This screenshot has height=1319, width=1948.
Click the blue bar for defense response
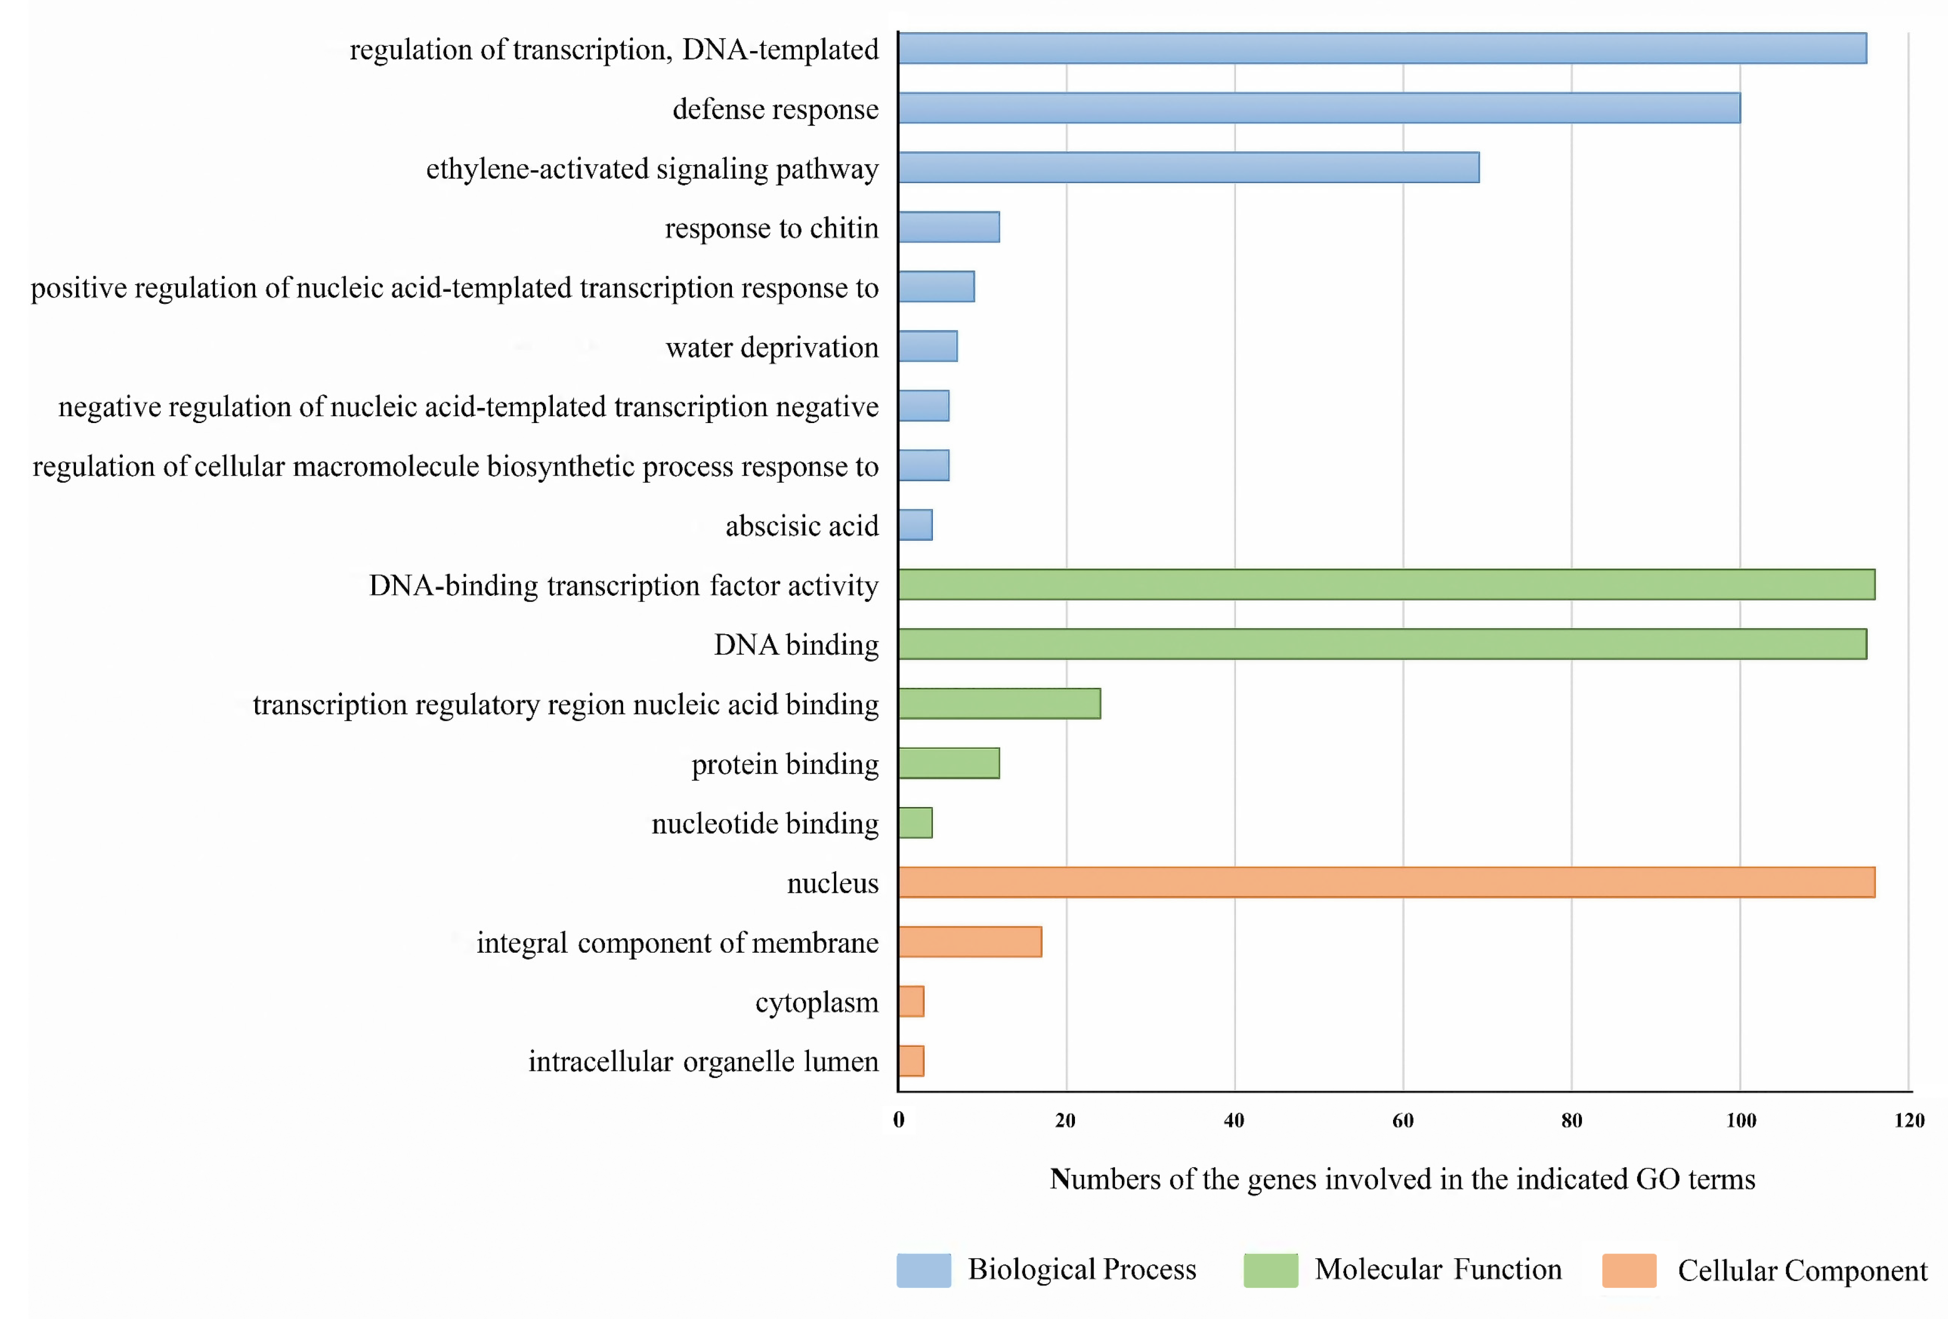pos(1319,108)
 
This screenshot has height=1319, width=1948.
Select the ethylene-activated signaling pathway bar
pos(1188,168)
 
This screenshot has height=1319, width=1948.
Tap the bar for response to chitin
pos(949,227)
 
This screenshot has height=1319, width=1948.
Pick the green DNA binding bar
pos(1382,644)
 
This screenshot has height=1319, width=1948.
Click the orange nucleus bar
pos(1386,882)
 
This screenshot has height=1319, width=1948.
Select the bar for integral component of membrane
pos(970,942)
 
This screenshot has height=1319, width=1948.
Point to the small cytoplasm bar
pos(911,1002)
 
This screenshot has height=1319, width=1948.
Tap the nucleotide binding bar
pos(915,823)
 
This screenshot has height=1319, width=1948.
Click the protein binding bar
pos(949,763)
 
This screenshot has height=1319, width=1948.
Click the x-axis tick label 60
pos(1403,1120)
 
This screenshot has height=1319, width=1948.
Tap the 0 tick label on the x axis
pos(899,1120)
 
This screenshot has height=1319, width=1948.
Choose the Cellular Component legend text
pos(1802,1271)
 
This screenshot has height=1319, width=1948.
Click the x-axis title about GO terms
pos(1402,1179)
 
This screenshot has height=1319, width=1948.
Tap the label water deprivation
pos(772,347)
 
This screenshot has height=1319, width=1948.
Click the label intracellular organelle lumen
pos(703,1062)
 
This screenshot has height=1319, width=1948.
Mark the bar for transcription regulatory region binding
pos(999,704)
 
